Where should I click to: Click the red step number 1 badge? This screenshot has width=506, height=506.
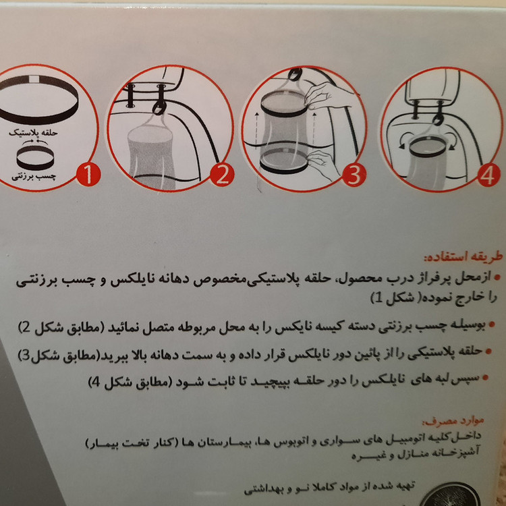(x=88, y=175)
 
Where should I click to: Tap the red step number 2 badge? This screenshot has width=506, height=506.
(x=222, y=175)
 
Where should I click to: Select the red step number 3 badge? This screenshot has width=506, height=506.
(x=354, y=175)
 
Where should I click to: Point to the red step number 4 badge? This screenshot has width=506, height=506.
(x=488, y=175)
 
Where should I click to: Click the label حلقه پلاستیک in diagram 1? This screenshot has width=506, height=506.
(x=33, y=133)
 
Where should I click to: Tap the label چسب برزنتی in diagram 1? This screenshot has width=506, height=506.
(x=34, y=177)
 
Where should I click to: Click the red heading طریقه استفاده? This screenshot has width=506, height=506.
(x=463, y=257)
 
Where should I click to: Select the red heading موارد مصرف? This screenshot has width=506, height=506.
(x=453, y=421)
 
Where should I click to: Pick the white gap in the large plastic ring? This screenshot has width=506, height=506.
(x=33, y=79)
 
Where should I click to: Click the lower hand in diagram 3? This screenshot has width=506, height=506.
(x=322, y=165)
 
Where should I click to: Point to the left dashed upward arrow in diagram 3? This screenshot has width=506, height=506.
(x=256, y=129)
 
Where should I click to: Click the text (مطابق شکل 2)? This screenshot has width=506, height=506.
(x=61, y=328)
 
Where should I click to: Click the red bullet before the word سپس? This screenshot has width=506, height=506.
(x=486, y=378)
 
